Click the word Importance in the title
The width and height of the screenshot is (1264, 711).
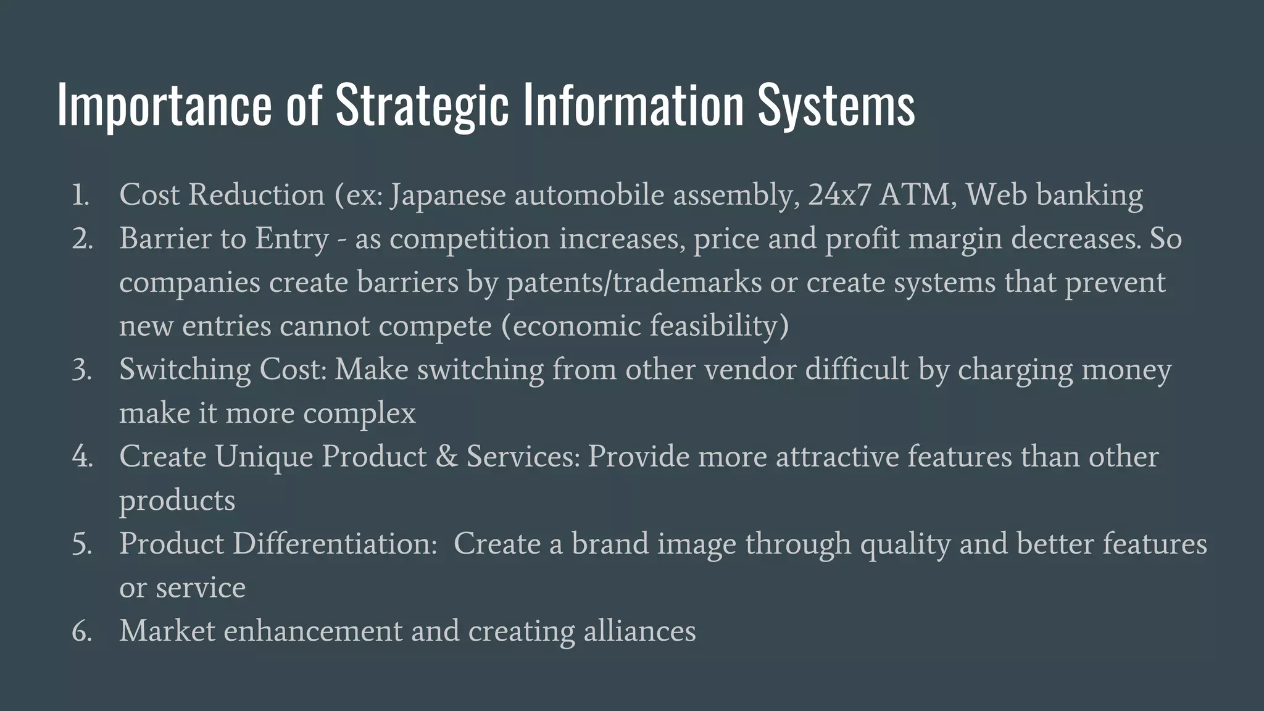(x=164, y=105)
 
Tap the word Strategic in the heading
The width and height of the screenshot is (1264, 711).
(x=422, y=105)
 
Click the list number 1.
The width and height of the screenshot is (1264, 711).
(x=80, y=196)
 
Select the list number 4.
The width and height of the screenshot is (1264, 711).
(x=81, y=457)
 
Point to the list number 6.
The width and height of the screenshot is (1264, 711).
(x=81, y=631)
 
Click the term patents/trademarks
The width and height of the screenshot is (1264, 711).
(x=634, y=283)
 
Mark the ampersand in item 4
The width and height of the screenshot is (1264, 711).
(x=446, y=457)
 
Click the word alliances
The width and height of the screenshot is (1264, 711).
(x=639, y=631)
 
